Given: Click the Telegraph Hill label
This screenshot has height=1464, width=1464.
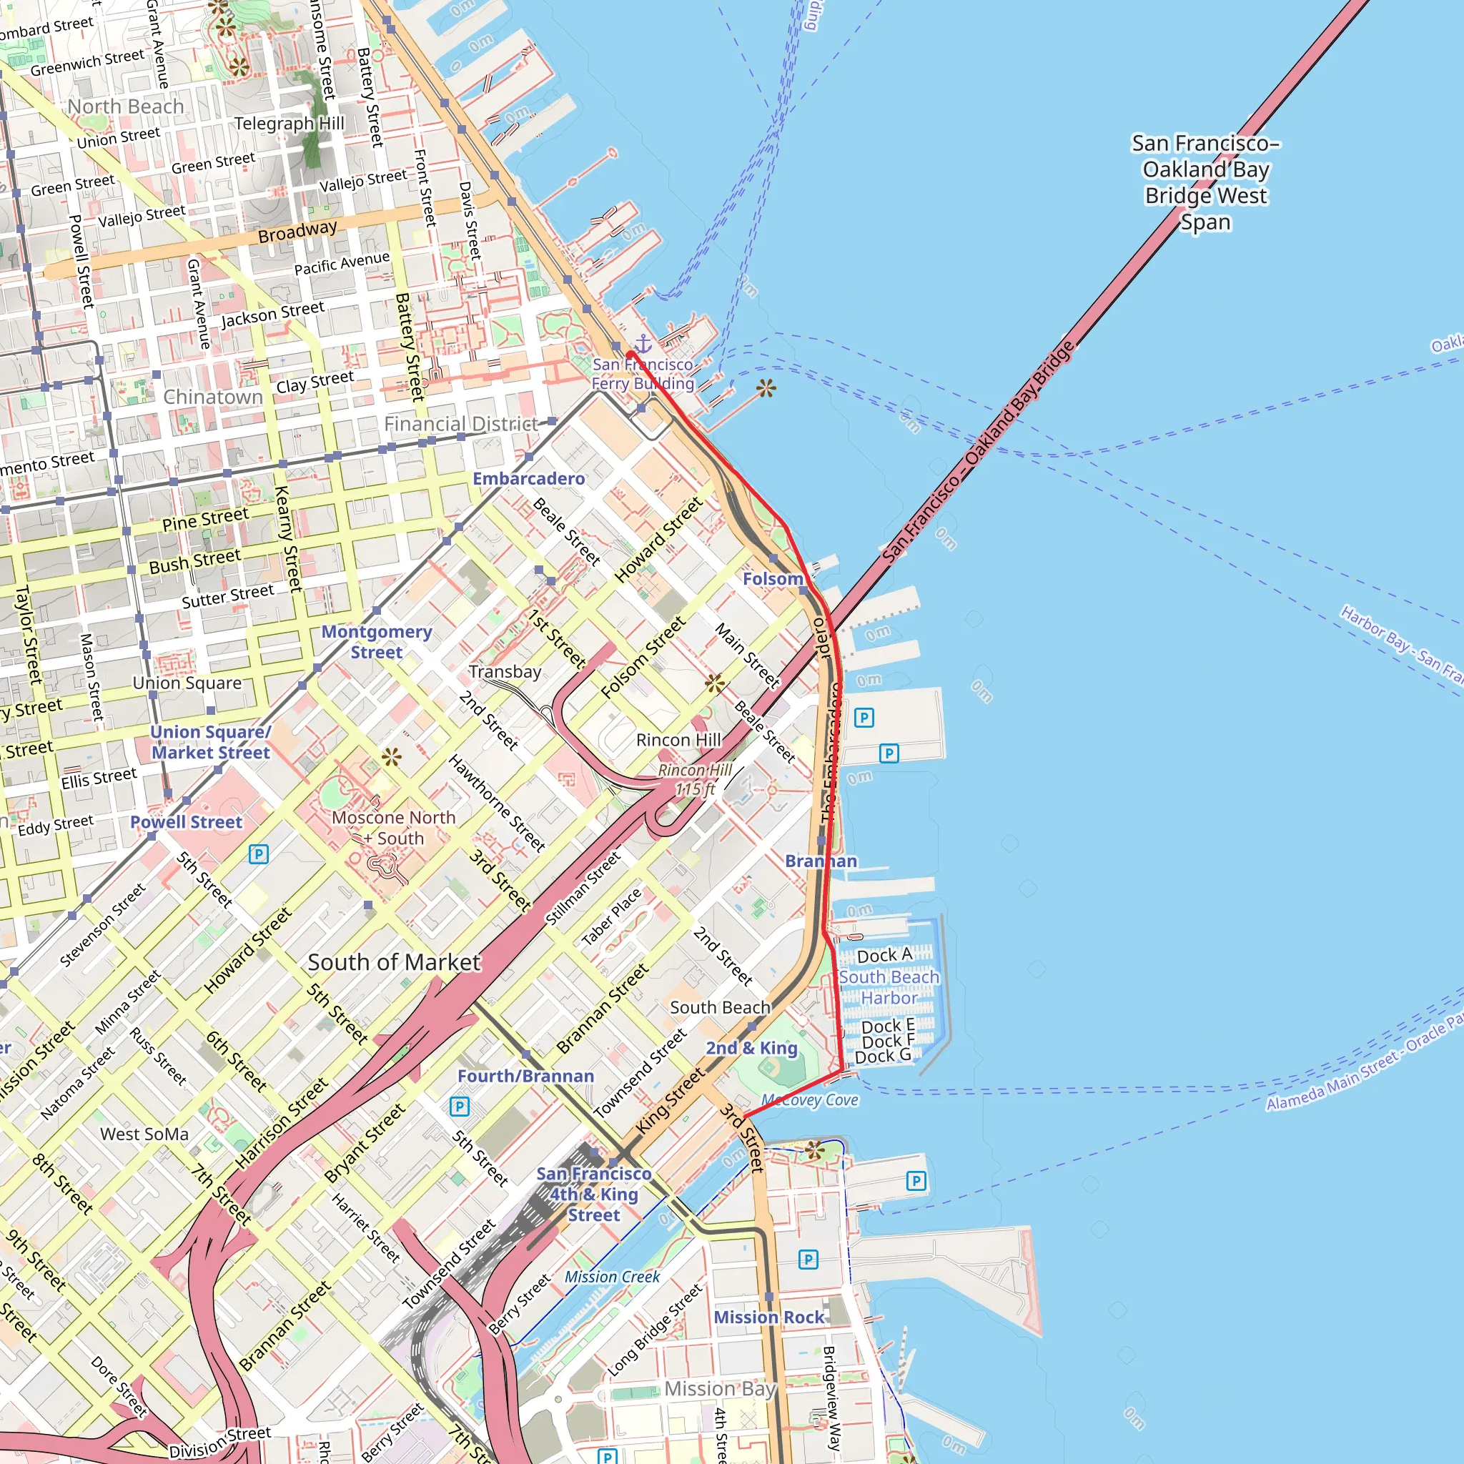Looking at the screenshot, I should coord(289,123).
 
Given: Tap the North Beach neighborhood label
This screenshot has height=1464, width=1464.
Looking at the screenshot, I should coord(126,106).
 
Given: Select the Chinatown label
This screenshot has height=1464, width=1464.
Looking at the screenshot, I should coord(213,396).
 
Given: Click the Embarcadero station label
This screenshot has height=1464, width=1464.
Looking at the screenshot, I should coord(528,478).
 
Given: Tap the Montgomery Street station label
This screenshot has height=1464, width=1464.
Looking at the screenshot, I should coord(377,641).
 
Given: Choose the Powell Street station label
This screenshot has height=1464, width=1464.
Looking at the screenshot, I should coord(186,821).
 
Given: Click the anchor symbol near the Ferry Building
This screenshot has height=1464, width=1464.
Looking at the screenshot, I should coord(643,343).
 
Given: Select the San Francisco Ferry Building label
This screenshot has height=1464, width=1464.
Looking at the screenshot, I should coord(642,374).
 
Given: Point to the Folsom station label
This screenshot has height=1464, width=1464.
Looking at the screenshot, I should coord(772,578).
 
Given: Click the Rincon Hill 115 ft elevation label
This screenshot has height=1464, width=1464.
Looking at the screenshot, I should coord(694,779).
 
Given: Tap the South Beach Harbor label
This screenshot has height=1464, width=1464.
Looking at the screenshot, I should coord(888,987).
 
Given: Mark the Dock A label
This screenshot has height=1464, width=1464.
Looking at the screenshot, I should coord(884,955).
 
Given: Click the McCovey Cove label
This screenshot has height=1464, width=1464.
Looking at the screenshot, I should coord(809,1099).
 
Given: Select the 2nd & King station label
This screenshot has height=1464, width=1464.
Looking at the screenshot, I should coord(751,1048).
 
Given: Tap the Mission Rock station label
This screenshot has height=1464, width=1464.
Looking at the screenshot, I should coord(768,1317).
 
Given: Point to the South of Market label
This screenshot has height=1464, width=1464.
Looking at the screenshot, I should coord(393,962).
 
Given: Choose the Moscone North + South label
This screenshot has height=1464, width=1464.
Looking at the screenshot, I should coord(393,828).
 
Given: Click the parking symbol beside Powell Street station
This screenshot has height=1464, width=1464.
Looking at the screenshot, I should coord(258,855).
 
